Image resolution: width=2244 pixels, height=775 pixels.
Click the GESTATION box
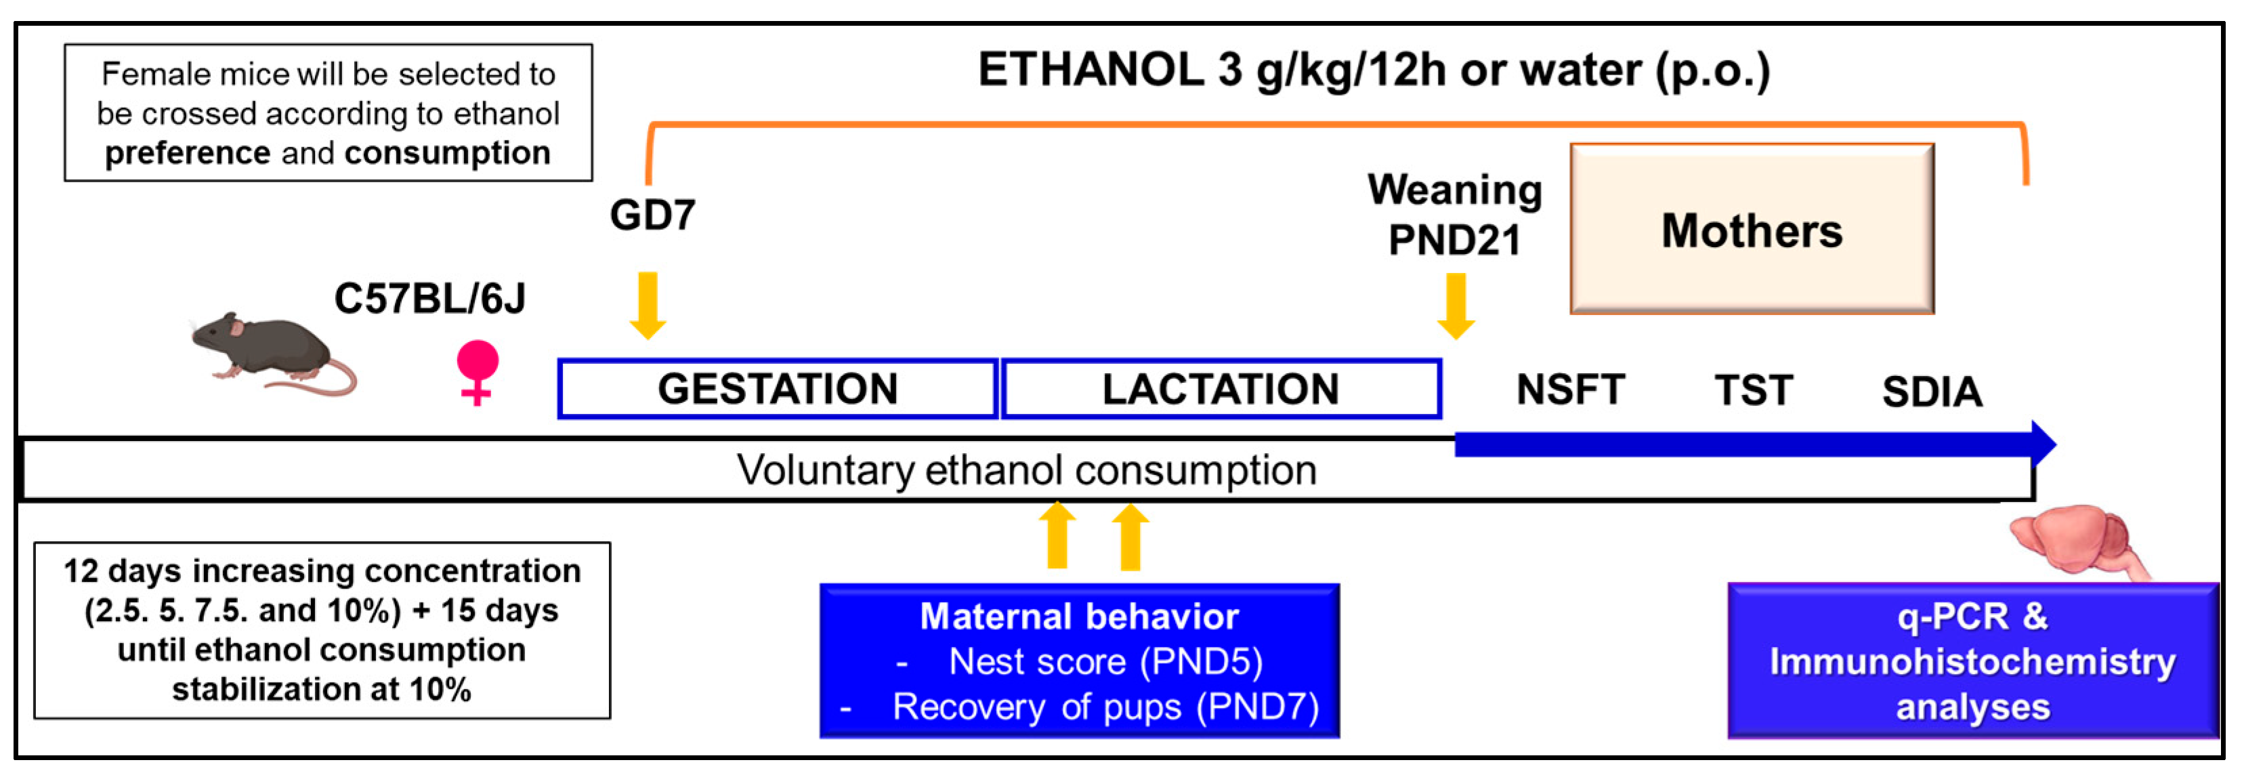777,388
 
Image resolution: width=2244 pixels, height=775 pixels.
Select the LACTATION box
1221,388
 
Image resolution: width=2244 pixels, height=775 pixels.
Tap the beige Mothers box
1752,229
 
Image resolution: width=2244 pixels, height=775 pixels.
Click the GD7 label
652,214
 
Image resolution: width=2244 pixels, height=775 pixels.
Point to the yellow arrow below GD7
648,305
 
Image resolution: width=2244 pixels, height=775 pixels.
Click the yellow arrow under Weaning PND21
1456,305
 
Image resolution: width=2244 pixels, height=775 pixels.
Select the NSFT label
1571,390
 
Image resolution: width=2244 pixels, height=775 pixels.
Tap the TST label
1754,390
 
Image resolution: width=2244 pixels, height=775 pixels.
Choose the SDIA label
1932,392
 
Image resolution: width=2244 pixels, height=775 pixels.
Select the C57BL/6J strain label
429,299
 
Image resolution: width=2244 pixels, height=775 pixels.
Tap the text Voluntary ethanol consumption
1026,470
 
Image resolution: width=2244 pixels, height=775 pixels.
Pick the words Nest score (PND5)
1105,662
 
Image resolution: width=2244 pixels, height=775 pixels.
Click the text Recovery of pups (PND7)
1105,707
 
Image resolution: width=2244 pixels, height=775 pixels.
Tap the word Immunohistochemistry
1972,662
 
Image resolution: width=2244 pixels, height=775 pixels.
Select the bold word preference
188,153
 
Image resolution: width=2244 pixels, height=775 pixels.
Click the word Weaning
1455,190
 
